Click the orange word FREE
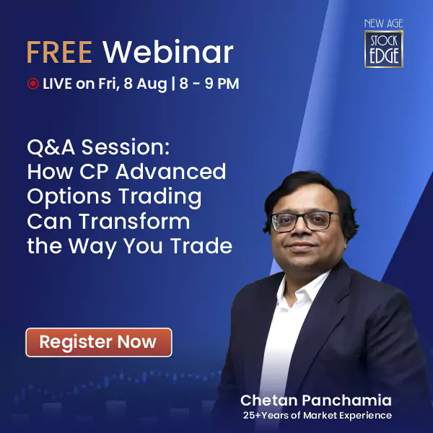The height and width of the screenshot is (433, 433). tap(59, 52)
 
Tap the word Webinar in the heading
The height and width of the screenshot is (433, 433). tap(168, 52)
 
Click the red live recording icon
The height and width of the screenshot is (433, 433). tap(33, 84)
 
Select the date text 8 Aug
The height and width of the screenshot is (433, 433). tap(145, 84)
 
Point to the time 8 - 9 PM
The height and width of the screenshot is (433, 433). tap(209, 84)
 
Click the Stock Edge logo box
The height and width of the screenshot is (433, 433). tap(384, 49)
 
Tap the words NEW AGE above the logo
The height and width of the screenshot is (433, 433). tap(384, 24)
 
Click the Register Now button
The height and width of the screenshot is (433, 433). tap(99, 342)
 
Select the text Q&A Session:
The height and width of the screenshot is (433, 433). tap(98, 147)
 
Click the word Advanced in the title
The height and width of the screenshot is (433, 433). tap(170, 172)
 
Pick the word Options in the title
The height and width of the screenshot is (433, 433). tap(69, 197)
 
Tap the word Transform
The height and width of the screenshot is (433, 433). tap(134, 222)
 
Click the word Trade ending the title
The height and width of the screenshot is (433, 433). tap(201, 246)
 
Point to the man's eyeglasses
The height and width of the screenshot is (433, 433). tap(305, 222)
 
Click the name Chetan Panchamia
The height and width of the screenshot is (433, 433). tap(316, 400)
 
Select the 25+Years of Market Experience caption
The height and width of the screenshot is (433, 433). tap(318, 416)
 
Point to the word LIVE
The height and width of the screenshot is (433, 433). tap(58, 84)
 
